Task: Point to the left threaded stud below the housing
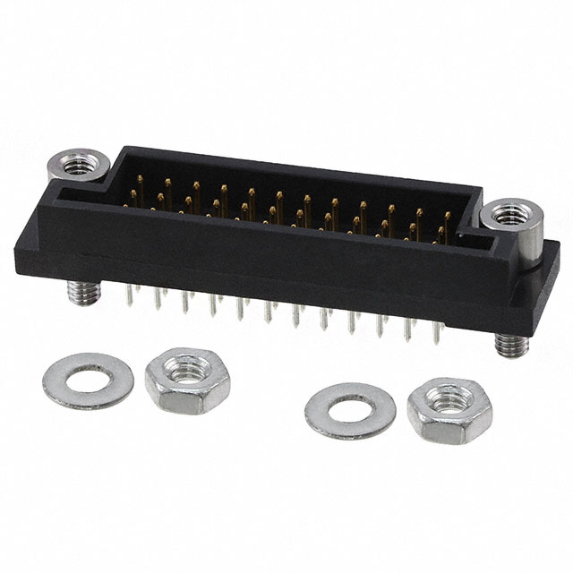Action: [x=75, y=291]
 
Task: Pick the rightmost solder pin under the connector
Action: [x=437, y=333]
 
